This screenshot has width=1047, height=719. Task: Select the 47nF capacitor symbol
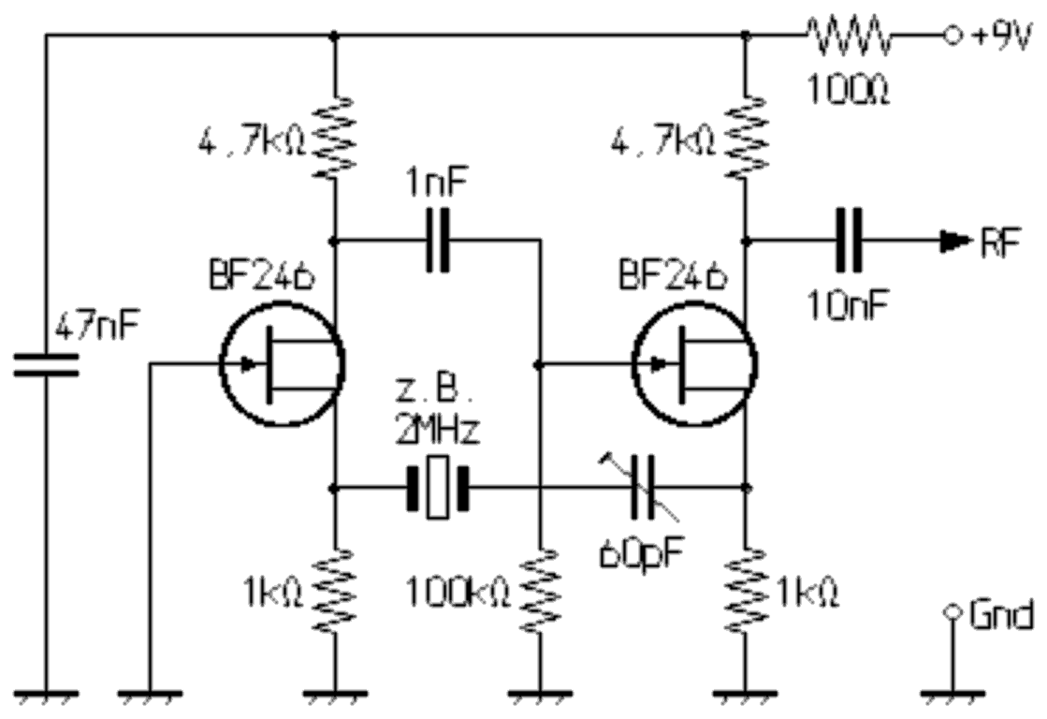46,366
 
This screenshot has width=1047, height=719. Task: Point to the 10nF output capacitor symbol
849,241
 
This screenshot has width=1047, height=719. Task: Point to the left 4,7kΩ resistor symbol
334,138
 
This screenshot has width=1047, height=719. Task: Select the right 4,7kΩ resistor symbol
746,138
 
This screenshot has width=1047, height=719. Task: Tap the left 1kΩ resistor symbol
334,591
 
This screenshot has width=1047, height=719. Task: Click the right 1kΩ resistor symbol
746,591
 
